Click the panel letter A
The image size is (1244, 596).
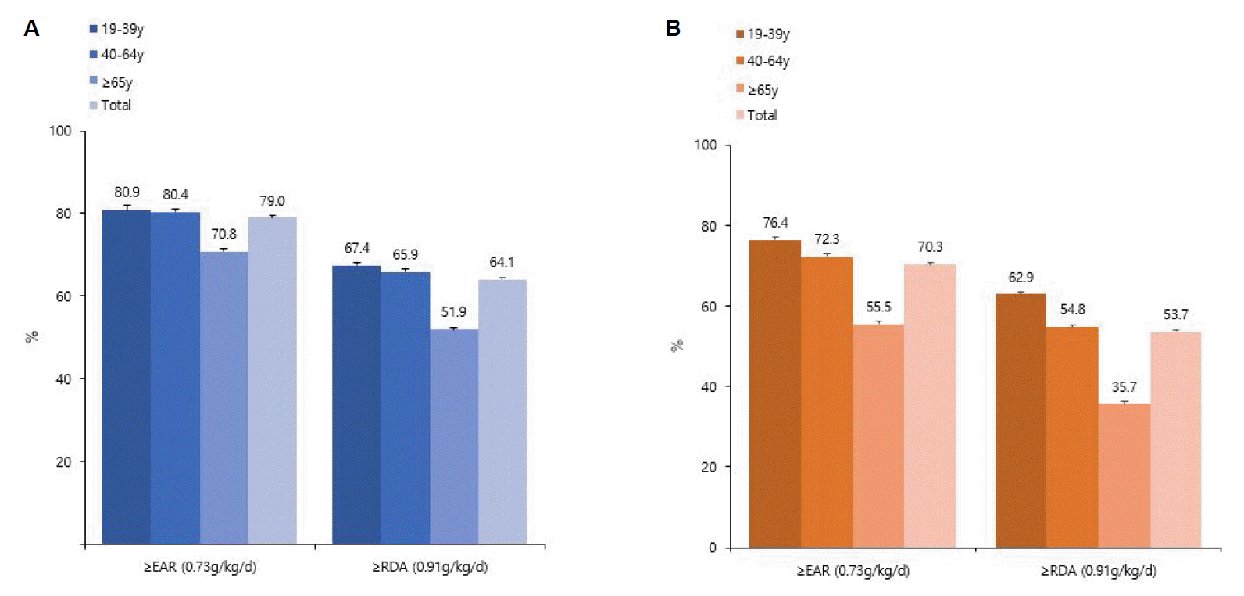[31, 29]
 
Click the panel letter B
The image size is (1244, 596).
[673, 29]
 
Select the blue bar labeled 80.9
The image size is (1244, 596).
[127, 375]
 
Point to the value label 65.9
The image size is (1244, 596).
[405, 255]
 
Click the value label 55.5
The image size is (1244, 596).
[878, 307]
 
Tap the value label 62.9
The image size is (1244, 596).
[1021, 278]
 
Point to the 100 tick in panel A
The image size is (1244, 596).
[60, 131]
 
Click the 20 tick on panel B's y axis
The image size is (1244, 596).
[708, 467]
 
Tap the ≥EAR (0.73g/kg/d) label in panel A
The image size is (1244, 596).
[200, 567]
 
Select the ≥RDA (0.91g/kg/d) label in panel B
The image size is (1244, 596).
[1098, 571]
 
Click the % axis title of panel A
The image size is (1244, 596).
[31, 337]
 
